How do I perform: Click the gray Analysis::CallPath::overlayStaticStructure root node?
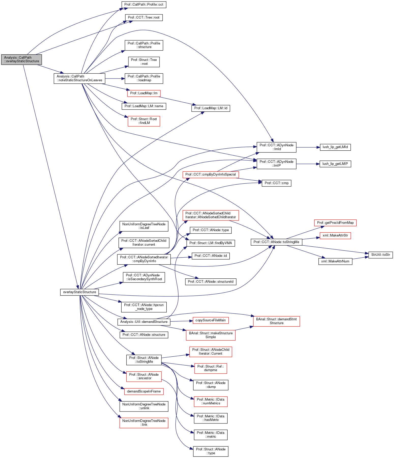point(21,59)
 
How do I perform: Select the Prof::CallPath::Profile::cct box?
point(144,5)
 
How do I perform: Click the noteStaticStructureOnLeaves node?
point(79,78)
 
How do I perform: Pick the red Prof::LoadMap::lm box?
point(144,93)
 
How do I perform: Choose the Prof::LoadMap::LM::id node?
point(211,108)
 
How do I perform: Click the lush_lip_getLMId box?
point(335,147)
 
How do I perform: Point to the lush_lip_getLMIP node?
point(335,164)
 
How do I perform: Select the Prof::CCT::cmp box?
point(276,183)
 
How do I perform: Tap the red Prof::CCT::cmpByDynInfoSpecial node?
point(211,175)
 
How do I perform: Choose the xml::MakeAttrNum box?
point(335,261)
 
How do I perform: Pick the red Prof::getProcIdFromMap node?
point(335,223)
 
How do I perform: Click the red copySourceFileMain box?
point(210,320)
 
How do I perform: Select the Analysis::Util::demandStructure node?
point(144,322)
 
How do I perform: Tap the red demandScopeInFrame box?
point(144,391)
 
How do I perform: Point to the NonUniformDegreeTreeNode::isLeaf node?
point(144,226)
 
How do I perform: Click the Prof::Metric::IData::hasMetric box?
point(211,418)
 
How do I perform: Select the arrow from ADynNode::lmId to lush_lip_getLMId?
point(308,147)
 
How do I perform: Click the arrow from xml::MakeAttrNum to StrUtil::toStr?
point(360,258)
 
